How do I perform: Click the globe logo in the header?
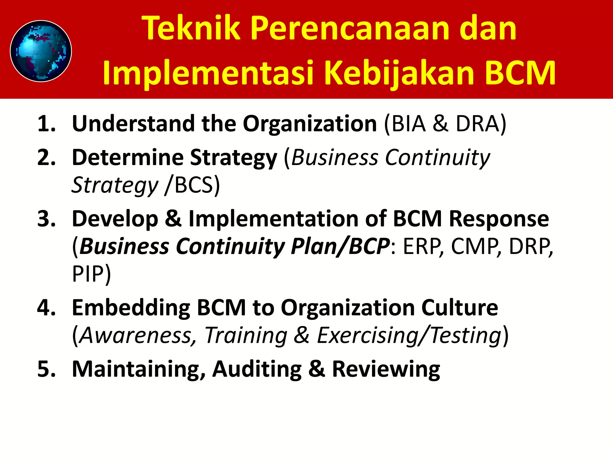coord(41,51)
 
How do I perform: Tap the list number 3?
coord(46,219)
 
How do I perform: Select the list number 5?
coord(46,369)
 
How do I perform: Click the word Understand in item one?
coord(133,124)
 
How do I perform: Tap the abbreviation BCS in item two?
coord(193,185)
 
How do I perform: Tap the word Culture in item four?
coord(459,308)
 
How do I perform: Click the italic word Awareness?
coord(136,335)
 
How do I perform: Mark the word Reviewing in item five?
coord(386,369)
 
